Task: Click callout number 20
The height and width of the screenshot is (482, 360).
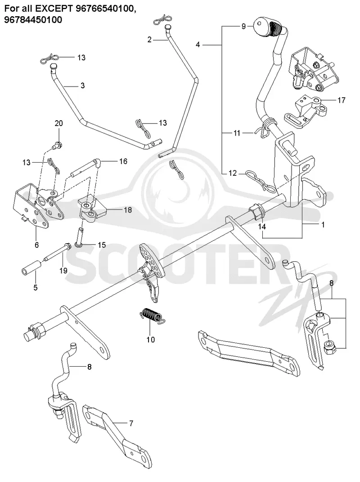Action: [58, 123]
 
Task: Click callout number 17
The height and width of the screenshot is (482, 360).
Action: [341, 100]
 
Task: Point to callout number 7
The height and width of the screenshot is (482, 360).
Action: [131, 423]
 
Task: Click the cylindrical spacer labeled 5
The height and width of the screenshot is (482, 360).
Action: [31, 266]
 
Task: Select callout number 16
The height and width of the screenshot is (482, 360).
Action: [123, 161]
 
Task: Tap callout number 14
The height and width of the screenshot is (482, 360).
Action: [262, 227]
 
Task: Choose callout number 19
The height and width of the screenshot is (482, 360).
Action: [63, 271]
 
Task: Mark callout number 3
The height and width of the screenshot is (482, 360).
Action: [82, 86]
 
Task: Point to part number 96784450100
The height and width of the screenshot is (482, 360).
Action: [33, 20]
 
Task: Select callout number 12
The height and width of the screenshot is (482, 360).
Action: [233, 173]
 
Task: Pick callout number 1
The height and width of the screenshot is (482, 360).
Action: [323, 225]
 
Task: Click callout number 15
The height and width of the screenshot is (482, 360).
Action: [102, 245]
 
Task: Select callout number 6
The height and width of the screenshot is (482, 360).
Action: [36, 245]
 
